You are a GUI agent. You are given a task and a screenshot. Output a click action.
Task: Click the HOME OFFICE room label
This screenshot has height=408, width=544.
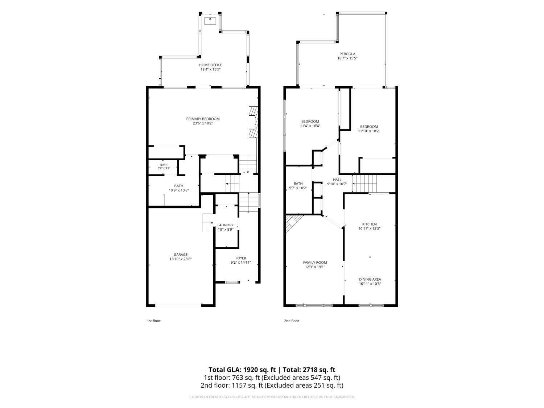(x=210, y=65)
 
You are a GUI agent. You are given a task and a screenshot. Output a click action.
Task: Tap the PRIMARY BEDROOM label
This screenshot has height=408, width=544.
(x=203, y=119)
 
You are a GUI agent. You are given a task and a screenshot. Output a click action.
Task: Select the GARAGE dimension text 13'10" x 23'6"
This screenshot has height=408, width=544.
(x=180, y=259)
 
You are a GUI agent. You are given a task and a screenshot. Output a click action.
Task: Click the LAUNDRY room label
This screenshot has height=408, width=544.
(x=225, y=225)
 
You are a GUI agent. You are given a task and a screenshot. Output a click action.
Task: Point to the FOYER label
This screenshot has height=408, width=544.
(x=241, y=258)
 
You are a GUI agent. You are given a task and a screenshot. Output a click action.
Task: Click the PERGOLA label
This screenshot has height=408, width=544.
(x=347, y=54)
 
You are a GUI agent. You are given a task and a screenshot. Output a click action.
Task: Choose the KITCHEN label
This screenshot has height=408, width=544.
(x=369, y=224)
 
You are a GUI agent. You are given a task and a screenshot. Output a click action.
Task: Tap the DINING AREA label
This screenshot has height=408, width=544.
(x=370, y=279)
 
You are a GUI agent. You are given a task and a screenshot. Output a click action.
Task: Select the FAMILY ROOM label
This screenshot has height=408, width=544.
(x=315, y=262)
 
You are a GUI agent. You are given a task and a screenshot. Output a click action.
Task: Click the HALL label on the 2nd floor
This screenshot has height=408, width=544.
(x=337, y=180)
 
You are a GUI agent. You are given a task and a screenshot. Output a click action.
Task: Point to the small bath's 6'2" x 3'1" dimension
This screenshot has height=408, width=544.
(x=164, y=168)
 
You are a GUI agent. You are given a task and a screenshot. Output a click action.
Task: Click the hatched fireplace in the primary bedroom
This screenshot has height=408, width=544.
(x=253, y=122)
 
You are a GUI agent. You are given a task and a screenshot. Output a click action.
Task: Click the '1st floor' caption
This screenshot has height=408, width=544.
(x=153, y=321)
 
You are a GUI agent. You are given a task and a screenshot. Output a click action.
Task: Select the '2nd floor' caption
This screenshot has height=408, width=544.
(x=292, y=321)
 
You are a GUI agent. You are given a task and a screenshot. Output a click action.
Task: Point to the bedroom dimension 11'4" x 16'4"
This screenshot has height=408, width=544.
(x=310, y=125)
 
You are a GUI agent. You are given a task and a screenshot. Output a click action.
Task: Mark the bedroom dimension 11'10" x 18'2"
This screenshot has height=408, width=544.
(x=369, y=131)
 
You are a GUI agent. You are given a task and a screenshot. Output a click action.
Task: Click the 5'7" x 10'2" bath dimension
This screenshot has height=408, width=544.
(x=298, y=188)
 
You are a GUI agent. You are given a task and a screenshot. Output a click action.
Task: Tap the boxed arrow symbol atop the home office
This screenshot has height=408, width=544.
(x=210, y=21)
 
